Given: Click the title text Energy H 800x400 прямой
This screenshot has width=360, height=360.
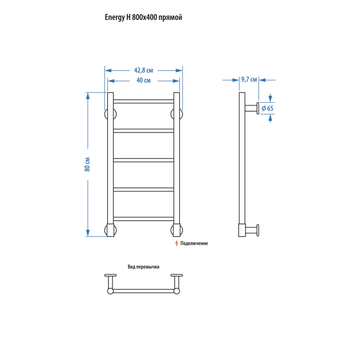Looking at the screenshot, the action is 143,18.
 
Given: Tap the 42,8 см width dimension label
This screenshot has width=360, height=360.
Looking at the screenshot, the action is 144,70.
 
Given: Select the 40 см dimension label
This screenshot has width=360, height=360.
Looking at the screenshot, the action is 144,81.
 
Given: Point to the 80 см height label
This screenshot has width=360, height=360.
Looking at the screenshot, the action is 87,164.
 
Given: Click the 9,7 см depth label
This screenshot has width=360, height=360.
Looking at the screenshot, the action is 249,80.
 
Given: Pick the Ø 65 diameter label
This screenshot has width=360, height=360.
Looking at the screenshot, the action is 267,108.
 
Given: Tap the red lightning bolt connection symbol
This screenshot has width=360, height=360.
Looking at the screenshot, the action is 176,243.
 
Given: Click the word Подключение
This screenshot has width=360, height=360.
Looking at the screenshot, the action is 194,243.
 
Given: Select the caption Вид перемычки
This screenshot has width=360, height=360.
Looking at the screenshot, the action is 144,267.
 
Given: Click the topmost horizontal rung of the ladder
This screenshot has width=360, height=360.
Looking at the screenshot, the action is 144,101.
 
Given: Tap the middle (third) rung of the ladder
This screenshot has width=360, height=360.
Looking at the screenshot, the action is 144,160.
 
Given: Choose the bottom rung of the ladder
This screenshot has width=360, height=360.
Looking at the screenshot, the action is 144,219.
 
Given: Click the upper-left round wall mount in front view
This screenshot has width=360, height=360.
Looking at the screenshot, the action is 106,114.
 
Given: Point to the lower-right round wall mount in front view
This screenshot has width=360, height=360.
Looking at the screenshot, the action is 181,230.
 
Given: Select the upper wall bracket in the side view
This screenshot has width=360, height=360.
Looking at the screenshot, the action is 252,108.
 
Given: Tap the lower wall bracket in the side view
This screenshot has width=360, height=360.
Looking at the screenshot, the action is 252,230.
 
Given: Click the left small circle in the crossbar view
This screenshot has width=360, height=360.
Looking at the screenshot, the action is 110,291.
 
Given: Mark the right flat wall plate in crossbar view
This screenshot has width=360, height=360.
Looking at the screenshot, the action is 176,275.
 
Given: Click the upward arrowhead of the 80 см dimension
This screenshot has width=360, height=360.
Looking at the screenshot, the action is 88,95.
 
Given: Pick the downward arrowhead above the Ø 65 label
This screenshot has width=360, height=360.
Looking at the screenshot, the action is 270,98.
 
